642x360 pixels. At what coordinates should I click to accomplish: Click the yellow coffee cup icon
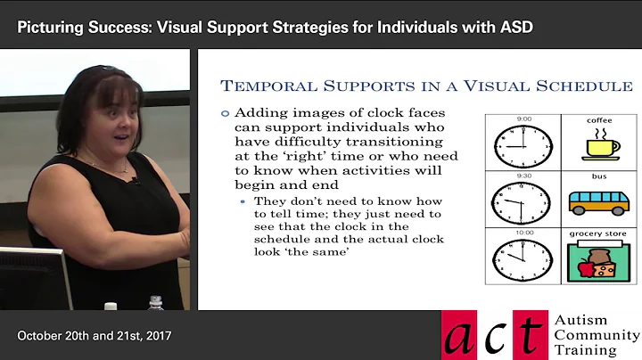(x=599, y=146)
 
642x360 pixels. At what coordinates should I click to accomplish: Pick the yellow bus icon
(x=599, y=202)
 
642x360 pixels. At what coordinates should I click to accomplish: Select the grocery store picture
(x=599, y=261)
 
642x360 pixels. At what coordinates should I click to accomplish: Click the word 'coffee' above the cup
(x=599, y=119)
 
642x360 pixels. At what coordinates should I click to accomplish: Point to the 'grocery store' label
(x=599, y=234)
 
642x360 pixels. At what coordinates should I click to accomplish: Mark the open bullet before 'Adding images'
(x=226, y=112)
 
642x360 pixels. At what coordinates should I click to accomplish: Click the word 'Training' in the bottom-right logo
(x=584, y=349)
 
